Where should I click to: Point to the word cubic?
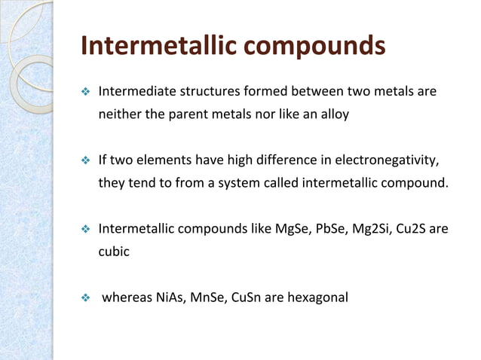coord(114,251)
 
